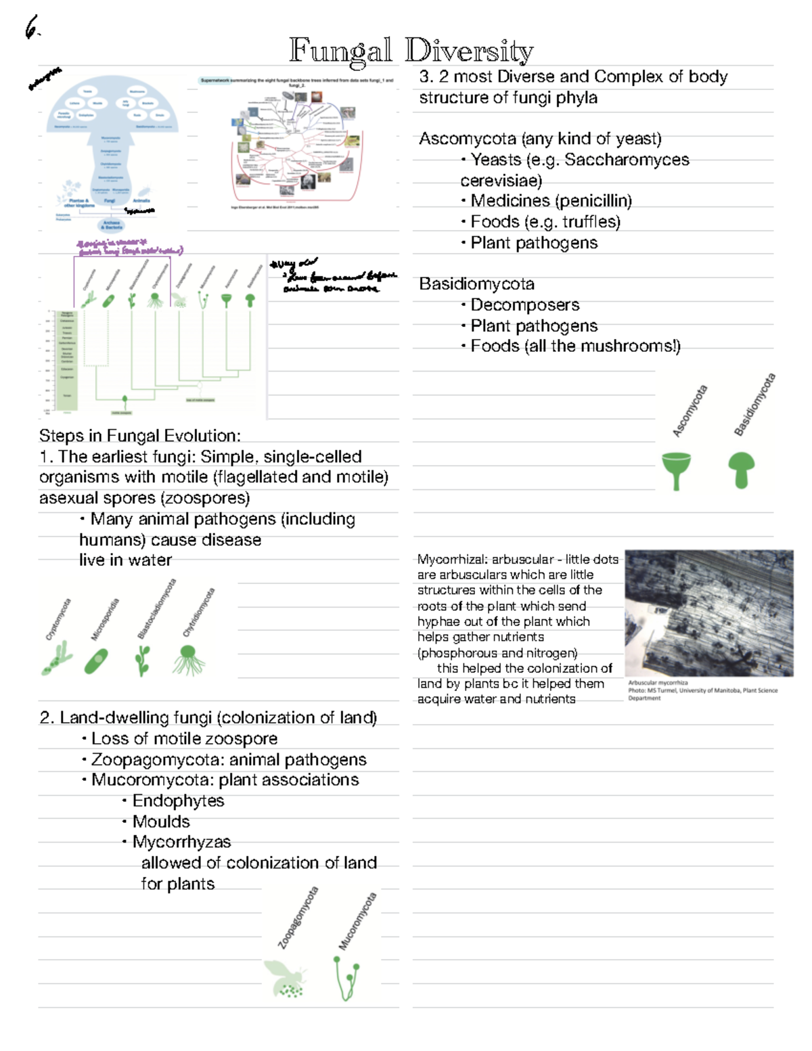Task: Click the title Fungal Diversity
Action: [411, 51]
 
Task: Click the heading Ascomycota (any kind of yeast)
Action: [540, 139]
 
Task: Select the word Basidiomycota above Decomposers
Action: [476, 284]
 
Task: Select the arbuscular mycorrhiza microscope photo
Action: [708, 612]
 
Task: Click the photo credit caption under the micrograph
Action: [702, 690]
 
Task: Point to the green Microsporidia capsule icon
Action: [95, 661]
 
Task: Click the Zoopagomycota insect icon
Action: [285, 979]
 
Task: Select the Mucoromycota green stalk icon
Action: [346, 978]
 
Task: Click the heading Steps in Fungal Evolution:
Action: [139, 435]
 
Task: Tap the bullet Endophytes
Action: [178, 801]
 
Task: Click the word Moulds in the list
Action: [161, 822]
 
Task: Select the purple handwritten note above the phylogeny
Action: [129, 248]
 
